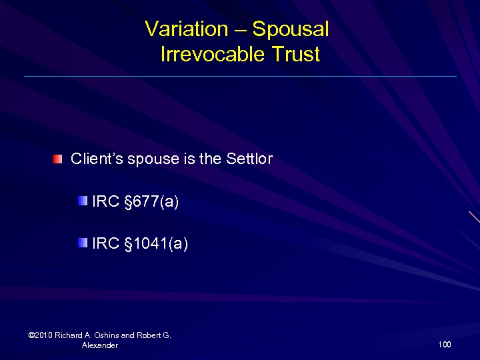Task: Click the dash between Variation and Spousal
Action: [240, 29]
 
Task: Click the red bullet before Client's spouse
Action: [59, 159]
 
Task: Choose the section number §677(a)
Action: [151, 201]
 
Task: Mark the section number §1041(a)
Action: [156, 244]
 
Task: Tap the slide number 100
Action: [445, 345]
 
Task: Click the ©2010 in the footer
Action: [41, 335]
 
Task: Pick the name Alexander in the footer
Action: [99, 345]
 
